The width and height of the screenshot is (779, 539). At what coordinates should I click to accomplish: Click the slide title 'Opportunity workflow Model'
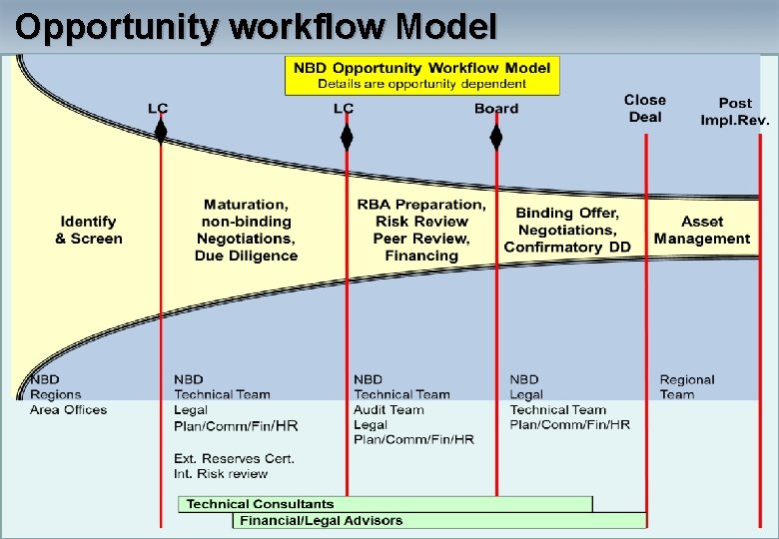coord(256,26)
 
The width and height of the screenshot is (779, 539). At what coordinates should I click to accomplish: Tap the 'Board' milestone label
coord(496,109)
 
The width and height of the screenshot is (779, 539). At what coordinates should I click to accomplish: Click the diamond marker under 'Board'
coord(496,137)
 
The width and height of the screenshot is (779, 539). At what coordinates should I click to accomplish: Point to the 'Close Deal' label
coord(644,108)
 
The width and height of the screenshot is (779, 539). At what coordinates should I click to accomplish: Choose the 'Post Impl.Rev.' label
coord(735,111)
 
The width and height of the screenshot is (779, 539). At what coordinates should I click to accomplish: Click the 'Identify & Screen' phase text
coord(89,230)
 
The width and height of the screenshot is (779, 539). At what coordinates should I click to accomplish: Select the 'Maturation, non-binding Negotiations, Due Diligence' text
coord(246,230)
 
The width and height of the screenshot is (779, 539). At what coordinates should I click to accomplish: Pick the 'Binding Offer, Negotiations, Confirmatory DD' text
coord(567,230)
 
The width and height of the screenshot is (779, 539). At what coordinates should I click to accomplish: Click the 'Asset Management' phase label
coord(702,230)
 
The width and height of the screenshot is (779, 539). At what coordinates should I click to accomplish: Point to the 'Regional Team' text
coord(687,386)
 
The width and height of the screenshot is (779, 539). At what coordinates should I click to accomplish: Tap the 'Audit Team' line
coord(389,409)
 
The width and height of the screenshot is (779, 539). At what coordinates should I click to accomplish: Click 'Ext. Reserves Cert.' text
coord(234,458)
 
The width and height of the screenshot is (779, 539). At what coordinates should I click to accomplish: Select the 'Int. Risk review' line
coord(221,473)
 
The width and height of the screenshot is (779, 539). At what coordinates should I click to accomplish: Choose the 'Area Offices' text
coord(68,409)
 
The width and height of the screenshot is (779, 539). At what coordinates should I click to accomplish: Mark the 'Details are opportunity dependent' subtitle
coord(421,83)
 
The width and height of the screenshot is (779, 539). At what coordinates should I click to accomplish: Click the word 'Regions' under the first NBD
coord(56,394)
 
